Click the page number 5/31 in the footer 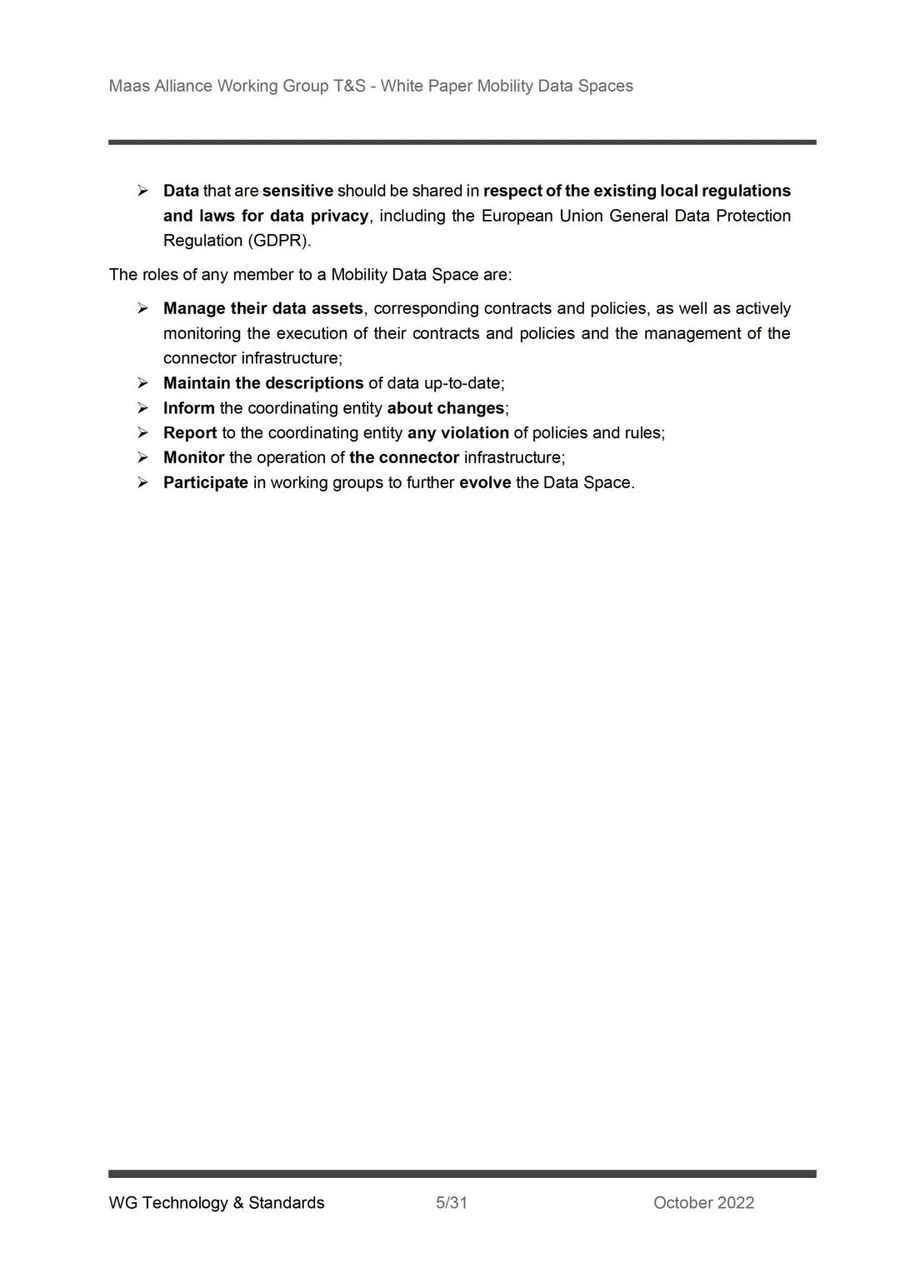(451, 1202)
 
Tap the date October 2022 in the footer (703, 1202)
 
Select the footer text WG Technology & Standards (217, 1202)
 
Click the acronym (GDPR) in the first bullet (278, 241)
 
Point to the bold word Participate (205, 482)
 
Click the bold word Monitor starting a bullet (193, 457)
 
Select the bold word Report (190, 432)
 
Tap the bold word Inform (188, 408)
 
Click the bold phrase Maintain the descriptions (263, 383)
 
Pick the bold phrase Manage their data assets (263, 308)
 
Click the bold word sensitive (297, 191)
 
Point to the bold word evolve (485, 482)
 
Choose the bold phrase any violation (457, 432)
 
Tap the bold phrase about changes (446, 408)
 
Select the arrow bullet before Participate (143, 482)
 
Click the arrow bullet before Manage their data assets (143, 308)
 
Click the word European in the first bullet (517, 216)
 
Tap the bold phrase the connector (404, 457)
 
